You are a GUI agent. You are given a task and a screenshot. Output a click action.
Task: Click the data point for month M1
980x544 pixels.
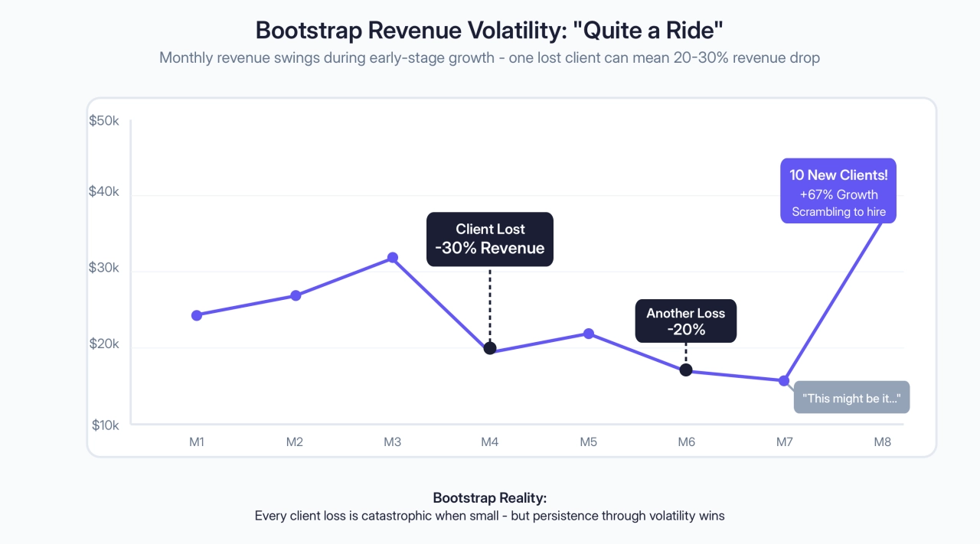pyautogui.click(x=197, y=315)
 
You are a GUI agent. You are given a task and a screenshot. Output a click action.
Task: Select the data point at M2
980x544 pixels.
pyautogui.click(x=296, y=295)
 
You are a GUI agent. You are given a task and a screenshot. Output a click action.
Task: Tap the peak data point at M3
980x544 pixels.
pyautogui.click(x=393, y=258)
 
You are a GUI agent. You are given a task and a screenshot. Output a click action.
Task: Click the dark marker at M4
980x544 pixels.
pyautogui.click(x=490, y=348)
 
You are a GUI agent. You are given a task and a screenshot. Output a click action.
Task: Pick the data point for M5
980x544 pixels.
pyautogui.click(x=589, y=334)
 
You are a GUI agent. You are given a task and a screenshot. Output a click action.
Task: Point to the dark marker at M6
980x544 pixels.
pyautogui.click(x=686, y=370)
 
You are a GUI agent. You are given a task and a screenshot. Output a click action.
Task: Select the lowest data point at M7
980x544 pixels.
pyautogui.click(x=784, y=380)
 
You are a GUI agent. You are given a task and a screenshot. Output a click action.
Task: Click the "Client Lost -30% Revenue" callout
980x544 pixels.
pyautogui.click(x=490, y=239)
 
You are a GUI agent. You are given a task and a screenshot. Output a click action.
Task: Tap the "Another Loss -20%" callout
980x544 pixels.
pyautogui.click(x=685, y=321)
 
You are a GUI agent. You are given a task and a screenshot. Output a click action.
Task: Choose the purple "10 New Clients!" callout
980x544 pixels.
pyautogui.click(x=838, y=191)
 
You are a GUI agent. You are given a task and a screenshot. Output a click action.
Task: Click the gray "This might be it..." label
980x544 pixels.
pyautogui.click(x=851, y=398)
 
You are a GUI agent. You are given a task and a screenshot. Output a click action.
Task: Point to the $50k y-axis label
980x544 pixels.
pyautogui.click(x=104, y=121)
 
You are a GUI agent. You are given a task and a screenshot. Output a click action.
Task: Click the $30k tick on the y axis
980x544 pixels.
pyautogui.click(x=104, y=269)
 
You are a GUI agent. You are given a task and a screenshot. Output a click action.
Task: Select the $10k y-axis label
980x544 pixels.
pyautogui.click(x=104, y=425)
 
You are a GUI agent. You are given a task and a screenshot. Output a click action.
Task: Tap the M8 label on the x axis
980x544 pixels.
pyautogui.click(x=883, y=441)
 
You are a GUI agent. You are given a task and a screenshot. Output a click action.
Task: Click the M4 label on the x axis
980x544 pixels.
pyautogui.click(x=490, y=441)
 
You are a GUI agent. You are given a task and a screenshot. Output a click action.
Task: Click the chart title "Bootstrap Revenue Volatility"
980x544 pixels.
pyautogui.click(x=489, y=31)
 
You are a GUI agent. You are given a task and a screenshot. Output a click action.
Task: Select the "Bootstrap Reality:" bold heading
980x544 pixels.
pyautogui.click(x=489, y=497)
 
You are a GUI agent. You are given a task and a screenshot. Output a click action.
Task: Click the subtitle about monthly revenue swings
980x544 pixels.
pyautogui.click(x=489, y=58)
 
